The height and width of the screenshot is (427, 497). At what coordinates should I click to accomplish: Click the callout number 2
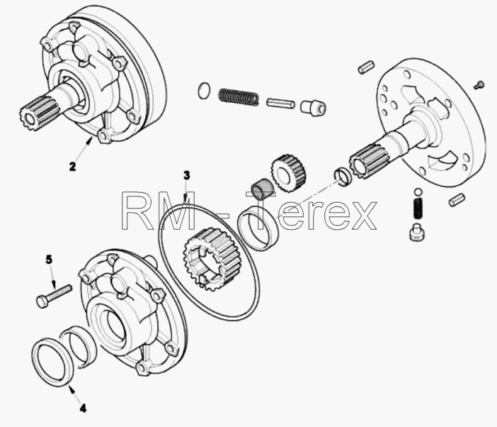[73, 167]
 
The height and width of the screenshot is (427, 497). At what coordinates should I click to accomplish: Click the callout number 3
[187, 176]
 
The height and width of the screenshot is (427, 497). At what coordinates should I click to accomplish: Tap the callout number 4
[83, 409]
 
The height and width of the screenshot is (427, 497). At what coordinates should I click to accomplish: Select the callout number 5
[49, 260]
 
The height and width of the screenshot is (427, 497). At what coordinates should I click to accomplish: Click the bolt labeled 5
[55, 296]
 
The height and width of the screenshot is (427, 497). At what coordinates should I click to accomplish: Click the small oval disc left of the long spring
[203, 91]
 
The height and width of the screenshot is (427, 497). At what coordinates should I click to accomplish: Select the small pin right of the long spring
[280, 104]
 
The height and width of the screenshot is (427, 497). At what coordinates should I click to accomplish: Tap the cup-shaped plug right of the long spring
[313, 108]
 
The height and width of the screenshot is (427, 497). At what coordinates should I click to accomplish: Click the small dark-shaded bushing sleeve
[262, 189]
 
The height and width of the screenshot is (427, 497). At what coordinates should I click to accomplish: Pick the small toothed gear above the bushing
[288, 173]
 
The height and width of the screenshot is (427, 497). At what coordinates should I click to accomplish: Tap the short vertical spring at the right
[419, 209]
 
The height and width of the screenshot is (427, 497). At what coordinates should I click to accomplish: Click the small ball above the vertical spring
[418, 192]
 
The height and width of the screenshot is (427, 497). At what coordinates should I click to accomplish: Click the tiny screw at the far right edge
[479, 85]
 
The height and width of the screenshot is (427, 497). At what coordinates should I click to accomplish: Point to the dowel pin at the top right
[367, 67]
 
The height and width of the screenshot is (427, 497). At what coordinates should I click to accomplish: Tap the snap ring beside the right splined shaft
[343, 176]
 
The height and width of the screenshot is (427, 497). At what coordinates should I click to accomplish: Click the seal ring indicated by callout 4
[52, 362]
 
